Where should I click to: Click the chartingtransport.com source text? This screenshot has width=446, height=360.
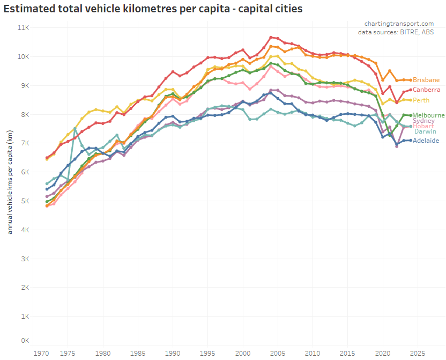tap(399, 24)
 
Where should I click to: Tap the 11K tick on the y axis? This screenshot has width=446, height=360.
tap(23, 27)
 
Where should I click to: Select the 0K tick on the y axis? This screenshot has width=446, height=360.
tap(25, 341)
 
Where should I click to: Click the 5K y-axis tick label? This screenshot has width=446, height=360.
tap(25, 201)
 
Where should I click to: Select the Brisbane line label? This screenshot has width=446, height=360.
tap(426, 80)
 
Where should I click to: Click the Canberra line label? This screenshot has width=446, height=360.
tap(427, 90)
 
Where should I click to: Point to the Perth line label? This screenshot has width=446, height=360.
tap(421, 100)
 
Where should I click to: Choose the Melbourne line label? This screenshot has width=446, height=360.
tap(428, 115)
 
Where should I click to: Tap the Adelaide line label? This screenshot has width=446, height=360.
tap(426, 141)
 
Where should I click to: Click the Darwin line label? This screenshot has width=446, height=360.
tap(425, 131)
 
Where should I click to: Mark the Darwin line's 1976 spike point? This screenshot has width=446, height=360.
tap(75, 129)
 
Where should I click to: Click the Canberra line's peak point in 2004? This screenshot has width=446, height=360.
tap(271, 37)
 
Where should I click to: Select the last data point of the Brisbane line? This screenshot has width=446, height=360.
tap(411, 80)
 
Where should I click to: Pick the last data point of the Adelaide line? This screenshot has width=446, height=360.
tap(411, 141)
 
